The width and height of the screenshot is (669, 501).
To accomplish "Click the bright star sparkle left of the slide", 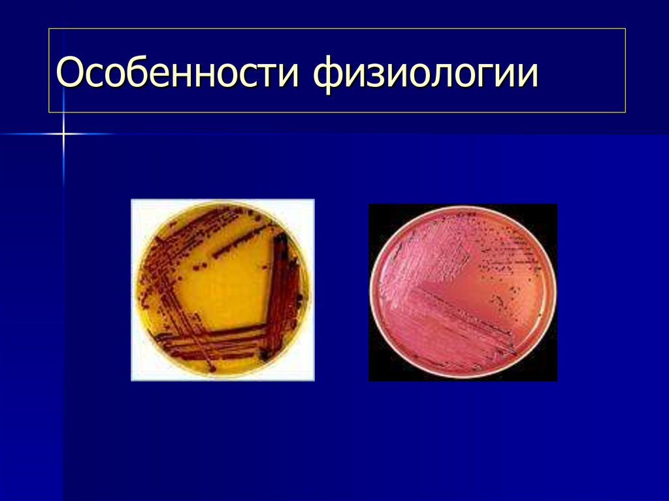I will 63,135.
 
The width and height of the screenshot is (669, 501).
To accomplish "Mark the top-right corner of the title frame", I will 625,29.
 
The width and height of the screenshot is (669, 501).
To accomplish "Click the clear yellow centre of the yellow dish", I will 225,287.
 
